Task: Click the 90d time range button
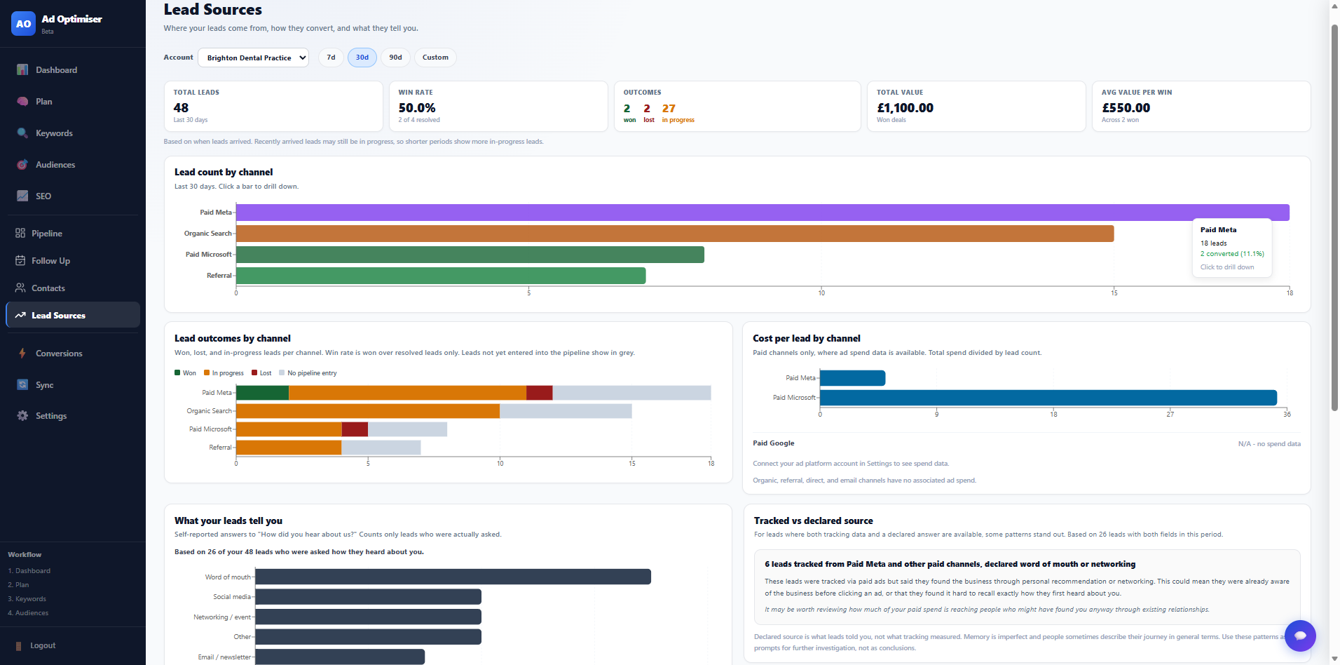[x=396, y=58]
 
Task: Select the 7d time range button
[x=331, y=58]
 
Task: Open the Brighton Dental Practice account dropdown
[x=253, y=58]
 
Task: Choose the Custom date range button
[x=435, y=58]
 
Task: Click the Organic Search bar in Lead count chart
[x=675, y=234]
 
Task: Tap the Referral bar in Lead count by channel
[x=441, y=276]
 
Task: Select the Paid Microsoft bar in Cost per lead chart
[x=1048, y=398]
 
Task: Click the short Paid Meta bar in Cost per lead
[x=853, y=378]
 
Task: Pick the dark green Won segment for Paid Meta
[x=263, y=393]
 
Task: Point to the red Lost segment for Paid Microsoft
[x=355, y=429]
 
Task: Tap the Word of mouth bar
[x=453, y=577]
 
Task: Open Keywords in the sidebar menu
[x=54, y=133]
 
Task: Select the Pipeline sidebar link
[x=47, y=234]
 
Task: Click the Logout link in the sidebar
[x=43, y=645]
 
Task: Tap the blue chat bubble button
[x=1300, y=636]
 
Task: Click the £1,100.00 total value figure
[x=905, y=108]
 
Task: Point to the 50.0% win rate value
[x=417, y=108]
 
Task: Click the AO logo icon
[x=23, y=23]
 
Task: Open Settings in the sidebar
[x=51, y=416]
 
